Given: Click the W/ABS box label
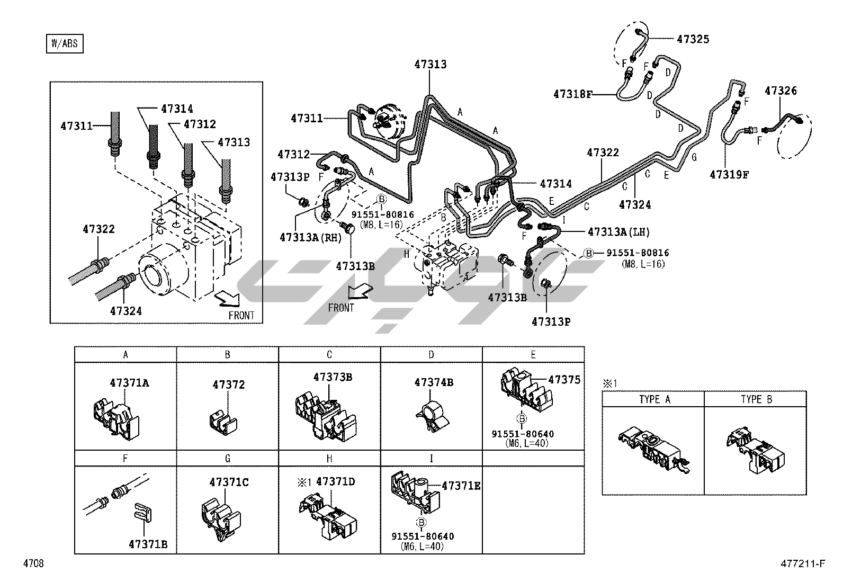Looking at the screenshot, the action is pyautogui.click(x=65, y=43).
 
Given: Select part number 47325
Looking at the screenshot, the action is pyautogui.click(x=693, y=39).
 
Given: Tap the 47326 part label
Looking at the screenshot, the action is pyautogui.click(x=781, y=91).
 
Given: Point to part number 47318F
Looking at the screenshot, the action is pyautogui.click(x=573, y=94).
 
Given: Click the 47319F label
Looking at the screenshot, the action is pyautogui.click(x=729, y=175).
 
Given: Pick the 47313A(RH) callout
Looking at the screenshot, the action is pyautogui.click(x=310, y=238).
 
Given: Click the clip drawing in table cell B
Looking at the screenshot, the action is pyautogui.click(x=223, y=424).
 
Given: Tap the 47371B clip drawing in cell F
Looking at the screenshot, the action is pyautogui.click(x=142, y=512).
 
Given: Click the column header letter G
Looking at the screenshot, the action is pyautogui.click(x=227, y=459).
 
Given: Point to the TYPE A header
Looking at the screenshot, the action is pyautogui.click(x=655, y=399).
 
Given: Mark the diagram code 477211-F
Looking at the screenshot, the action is pyautogui.click(x=803, y=563).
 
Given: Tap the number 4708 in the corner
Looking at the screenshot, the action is pyautogui.click(x=33, y=563).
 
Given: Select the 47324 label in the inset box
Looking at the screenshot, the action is pyautogui.click(x=126, y=311).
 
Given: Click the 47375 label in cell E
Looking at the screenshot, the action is pyautogui.click(x=564, y=380).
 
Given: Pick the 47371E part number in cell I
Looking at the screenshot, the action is pyautogui.click(x=461, y=486).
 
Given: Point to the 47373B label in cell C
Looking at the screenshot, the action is pyautogui.click(x=333, y=377).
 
